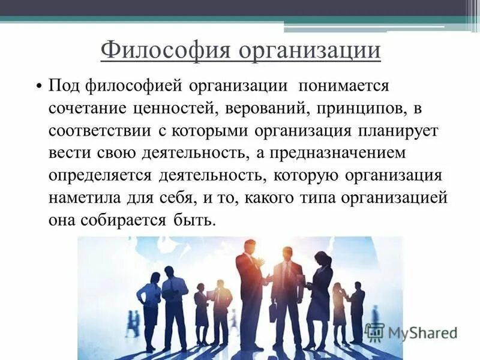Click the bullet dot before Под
tap(38, 85)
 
